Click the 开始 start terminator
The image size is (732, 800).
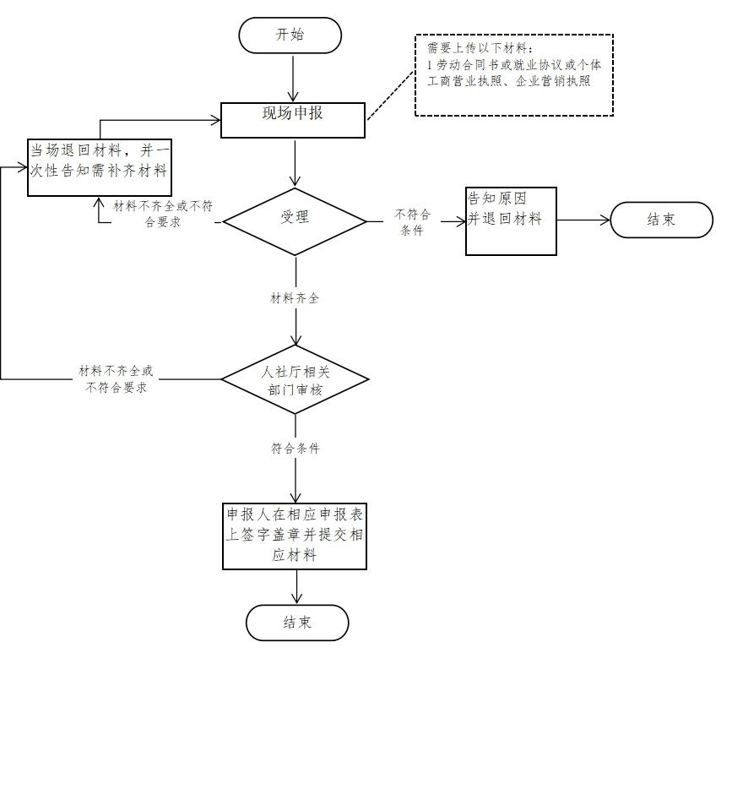click(x=290, y=35)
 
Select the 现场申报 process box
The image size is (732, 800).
click(x=293, y=120)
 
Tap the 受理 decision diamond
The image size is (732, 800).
click(x=295, y=221)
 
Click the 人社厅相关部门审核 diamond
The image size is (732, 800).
click(x=295, y=379)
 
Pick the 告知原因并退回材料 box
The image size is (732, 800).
click(x=511, y=221)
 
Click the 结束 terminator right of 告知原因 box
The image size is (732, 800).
click(x=661, y=220)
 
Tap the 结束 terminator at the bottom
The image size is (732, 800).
click(x=297, y=623)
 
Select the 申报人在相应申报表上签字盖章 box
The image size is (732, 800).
click(x=295, y=536)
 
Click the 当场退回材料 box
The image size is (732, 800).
click(x=100, y=167)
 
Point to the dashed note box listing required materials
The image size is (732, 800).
click(x=514, y=75)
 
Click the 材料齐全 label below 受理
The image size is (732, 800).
click(x=295, y=298)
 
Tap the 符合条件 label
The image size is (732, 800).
click(x=296, y=449)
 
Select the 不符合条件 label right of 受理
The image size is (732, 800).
click(x=412, y=222)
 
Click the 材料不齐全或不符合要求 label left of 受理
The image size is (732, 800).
click(x=163, y=214)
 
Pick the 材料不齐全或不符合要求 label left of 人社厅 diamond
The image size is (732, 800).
click(x=116, y=379)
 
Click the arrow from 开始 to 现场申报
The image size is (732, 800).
click(x=293, y=79)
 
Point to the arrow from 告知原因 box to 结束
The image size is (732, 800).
click(x=583, y=220)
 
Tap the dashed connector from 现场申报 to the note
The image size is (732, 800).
click(x=391, y=95)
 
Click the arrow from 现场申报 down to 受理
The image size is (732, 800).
click(x=295, y=163)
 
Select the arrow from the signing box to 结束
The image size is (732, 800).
click(x=296, y=587)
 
